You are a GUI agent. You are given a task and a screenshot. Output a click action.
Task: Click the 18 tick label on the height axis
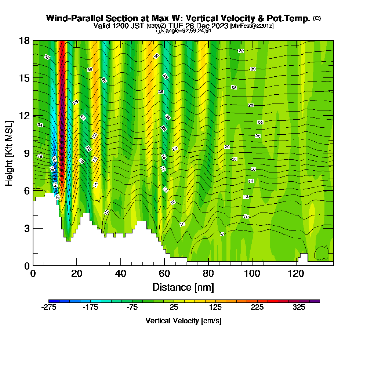coord(25,41)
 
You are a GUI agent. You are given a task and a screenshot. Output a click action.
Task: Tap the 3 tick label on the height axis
coord(27,228)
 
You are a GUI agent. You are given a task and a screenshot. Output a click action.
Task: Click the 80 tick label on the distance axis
coord(208,274)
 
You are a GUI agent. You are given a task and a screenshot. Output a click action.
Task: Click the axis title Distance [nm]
coord(183,287)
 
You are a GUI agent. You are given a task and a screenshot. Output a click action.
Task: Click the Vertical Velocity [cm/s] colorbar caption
coord(183,321)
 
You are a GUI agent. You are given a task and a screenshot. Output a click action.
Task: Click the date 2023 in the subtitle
coord(218,26)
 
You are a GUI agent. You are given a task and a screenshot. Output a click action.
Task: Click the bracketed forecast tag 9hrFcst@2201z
coord(252,26)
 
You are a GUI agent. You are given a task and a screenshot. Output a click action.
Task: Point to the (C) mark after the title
coord(317,18)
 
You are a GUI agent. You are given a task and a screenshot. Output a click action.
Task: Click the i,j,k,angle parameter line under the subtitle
coord(183,31)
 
